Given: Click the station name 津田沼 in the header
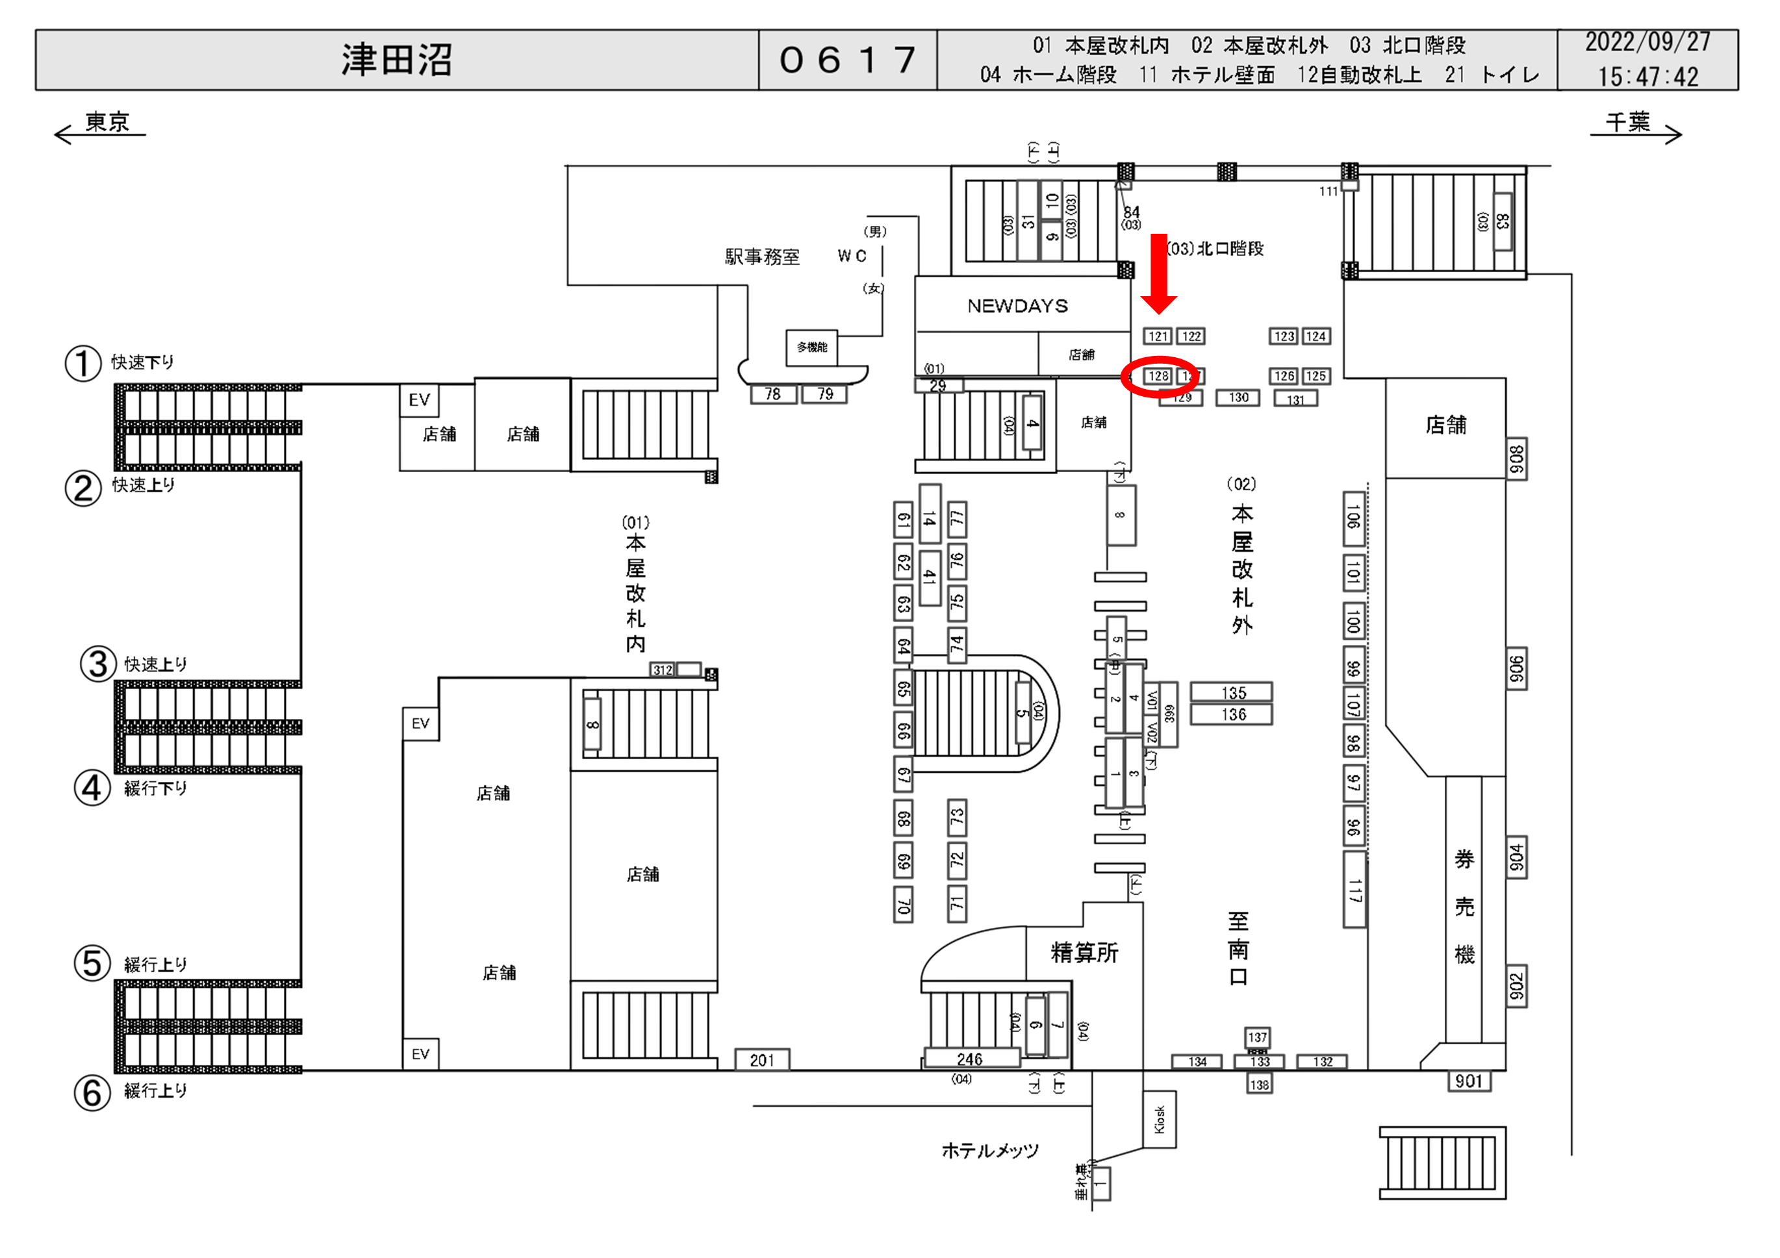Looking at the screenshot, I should point(396,60).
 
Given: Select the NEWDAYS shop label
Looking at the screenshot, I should point(1017,306).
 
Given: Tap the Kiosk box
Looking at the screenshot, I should point(1159,1119).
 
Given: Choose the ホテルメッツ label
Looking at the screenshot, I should point(990,1151).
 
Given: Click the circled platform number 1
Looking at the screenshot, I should point(83,364).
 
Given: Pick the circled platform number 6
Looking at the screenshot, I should point(92,1093).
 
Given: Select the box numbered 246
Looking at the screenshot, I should point(970,1059).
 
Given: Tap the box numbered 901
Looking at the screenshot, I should point(1468,1081).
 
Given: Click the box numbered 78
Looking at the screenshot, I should point(773,394).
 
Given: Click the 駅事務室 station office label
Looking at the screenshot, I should point(761,257).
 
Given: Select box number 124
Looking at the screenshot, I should point(1316,336).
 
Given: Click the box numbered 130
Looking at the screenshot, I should point(1238,397).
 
